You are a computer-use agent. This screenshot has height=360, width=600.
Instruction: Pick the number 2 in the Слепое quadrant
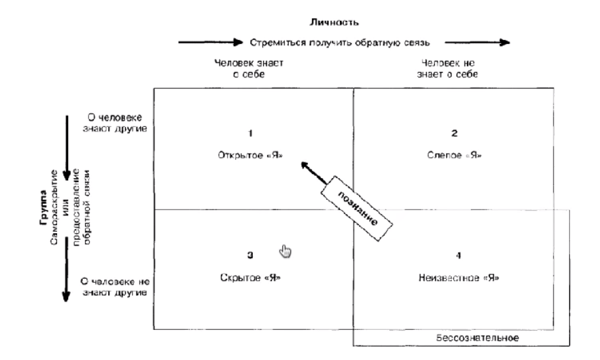(x=454, y=134)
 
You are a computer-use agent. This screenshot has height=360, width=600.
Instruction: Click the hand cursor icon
(x=284, y=250)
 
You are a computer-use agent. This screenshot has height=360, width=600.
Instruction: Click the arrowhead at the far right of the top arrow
(x=504, y=43)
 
